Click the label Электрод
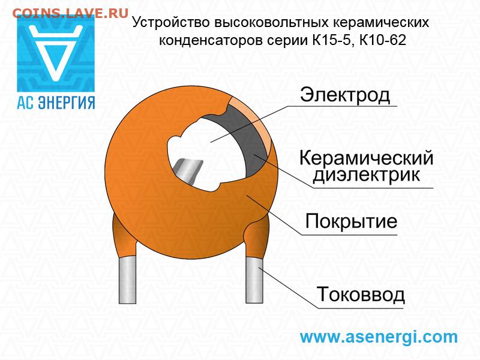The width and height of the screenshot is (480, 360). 344,95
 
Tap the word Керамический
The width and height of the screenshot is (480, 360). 366,158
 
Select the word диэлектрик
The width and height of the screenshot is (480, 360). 366,175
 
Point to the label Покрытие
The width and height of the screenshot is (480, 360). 351,221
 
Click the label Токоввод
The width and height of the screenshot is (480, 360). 361,295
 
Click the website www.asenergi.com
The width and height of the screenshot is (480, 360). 379,337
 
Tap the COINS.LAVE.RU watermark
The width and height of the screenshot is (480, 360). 70,13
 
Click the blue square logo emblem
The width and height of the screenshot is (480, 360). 56,53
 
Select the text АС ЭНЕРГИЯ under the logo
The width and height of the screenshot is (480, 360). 56,103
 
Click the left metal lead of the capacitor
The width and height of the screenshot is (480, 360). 127,280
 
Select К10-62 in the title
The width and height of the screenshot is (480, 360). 383,40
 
